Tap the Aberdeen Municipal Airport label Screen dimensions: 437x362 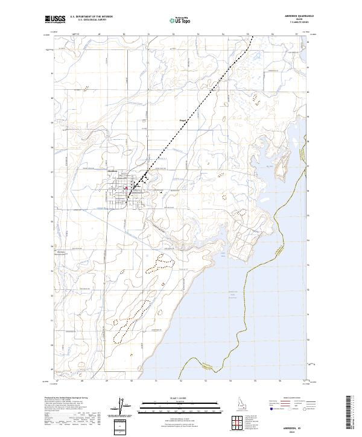(x=63, y=254)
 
